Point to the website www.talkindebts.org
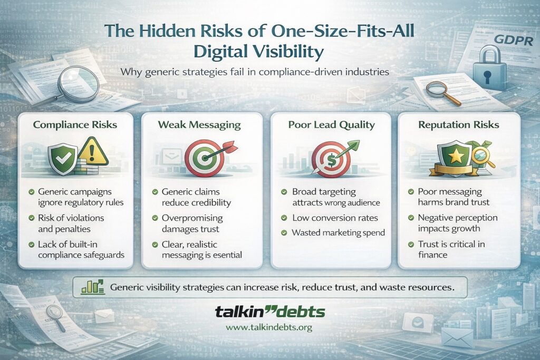point(269,327)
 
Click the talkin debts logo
point(269,312)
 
